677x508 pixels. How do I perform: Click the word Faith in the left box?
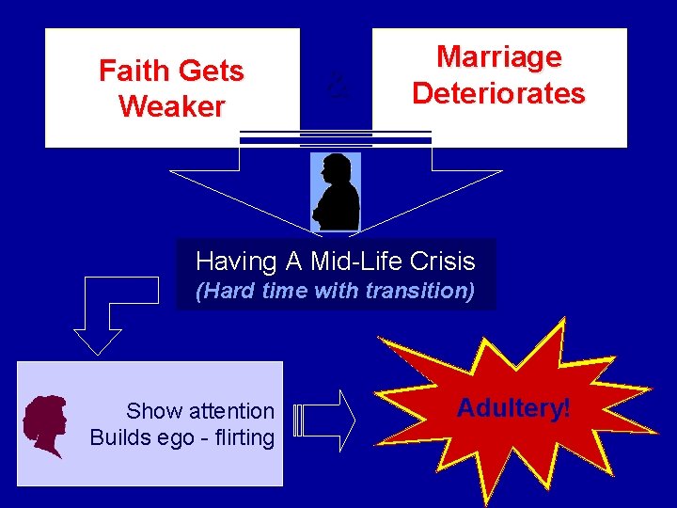click(133, 71)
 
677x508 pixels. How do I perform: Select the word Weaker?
click(172, 106)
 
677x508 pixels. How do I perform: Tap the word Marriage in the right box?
click(499, 57)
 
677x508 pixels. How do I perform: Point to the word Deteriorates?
click(499, 94)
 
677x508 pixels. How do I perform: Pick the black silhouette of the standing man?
click(336, 193)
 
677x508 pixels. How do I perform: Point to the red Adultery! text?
click(513, 408)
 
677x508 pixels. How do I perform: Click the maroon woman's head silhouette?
click(46, 425)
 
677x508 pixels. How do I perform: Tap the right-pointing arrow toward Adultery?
click(324, 419)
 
